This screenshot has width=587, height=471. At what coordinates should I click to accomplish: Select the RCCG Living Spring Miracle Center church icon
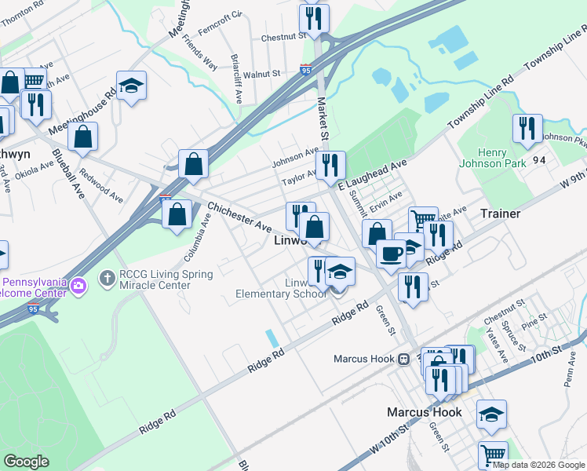point(108,278)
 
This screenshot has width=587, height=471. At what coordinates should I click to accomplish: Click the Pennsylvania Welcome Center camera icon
point(78,286)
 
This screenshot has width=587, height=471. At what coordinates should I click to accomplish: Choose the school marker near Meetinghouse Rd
point(132,86)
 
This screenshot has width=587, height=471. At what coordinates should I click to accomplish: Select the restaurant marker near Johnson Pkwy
point(527,128)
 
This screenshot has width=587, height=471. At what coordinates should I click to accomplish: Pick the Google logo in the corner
point(27,462)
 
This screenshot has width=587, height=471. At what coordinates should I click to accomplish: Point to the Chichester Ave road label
point(239,217)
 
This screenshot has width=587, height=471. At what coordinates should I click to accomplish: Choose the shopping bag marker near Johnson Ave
point(193,163)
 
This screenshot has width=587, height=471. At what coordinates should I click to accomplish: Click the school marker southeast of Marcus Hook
point(491,414)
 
